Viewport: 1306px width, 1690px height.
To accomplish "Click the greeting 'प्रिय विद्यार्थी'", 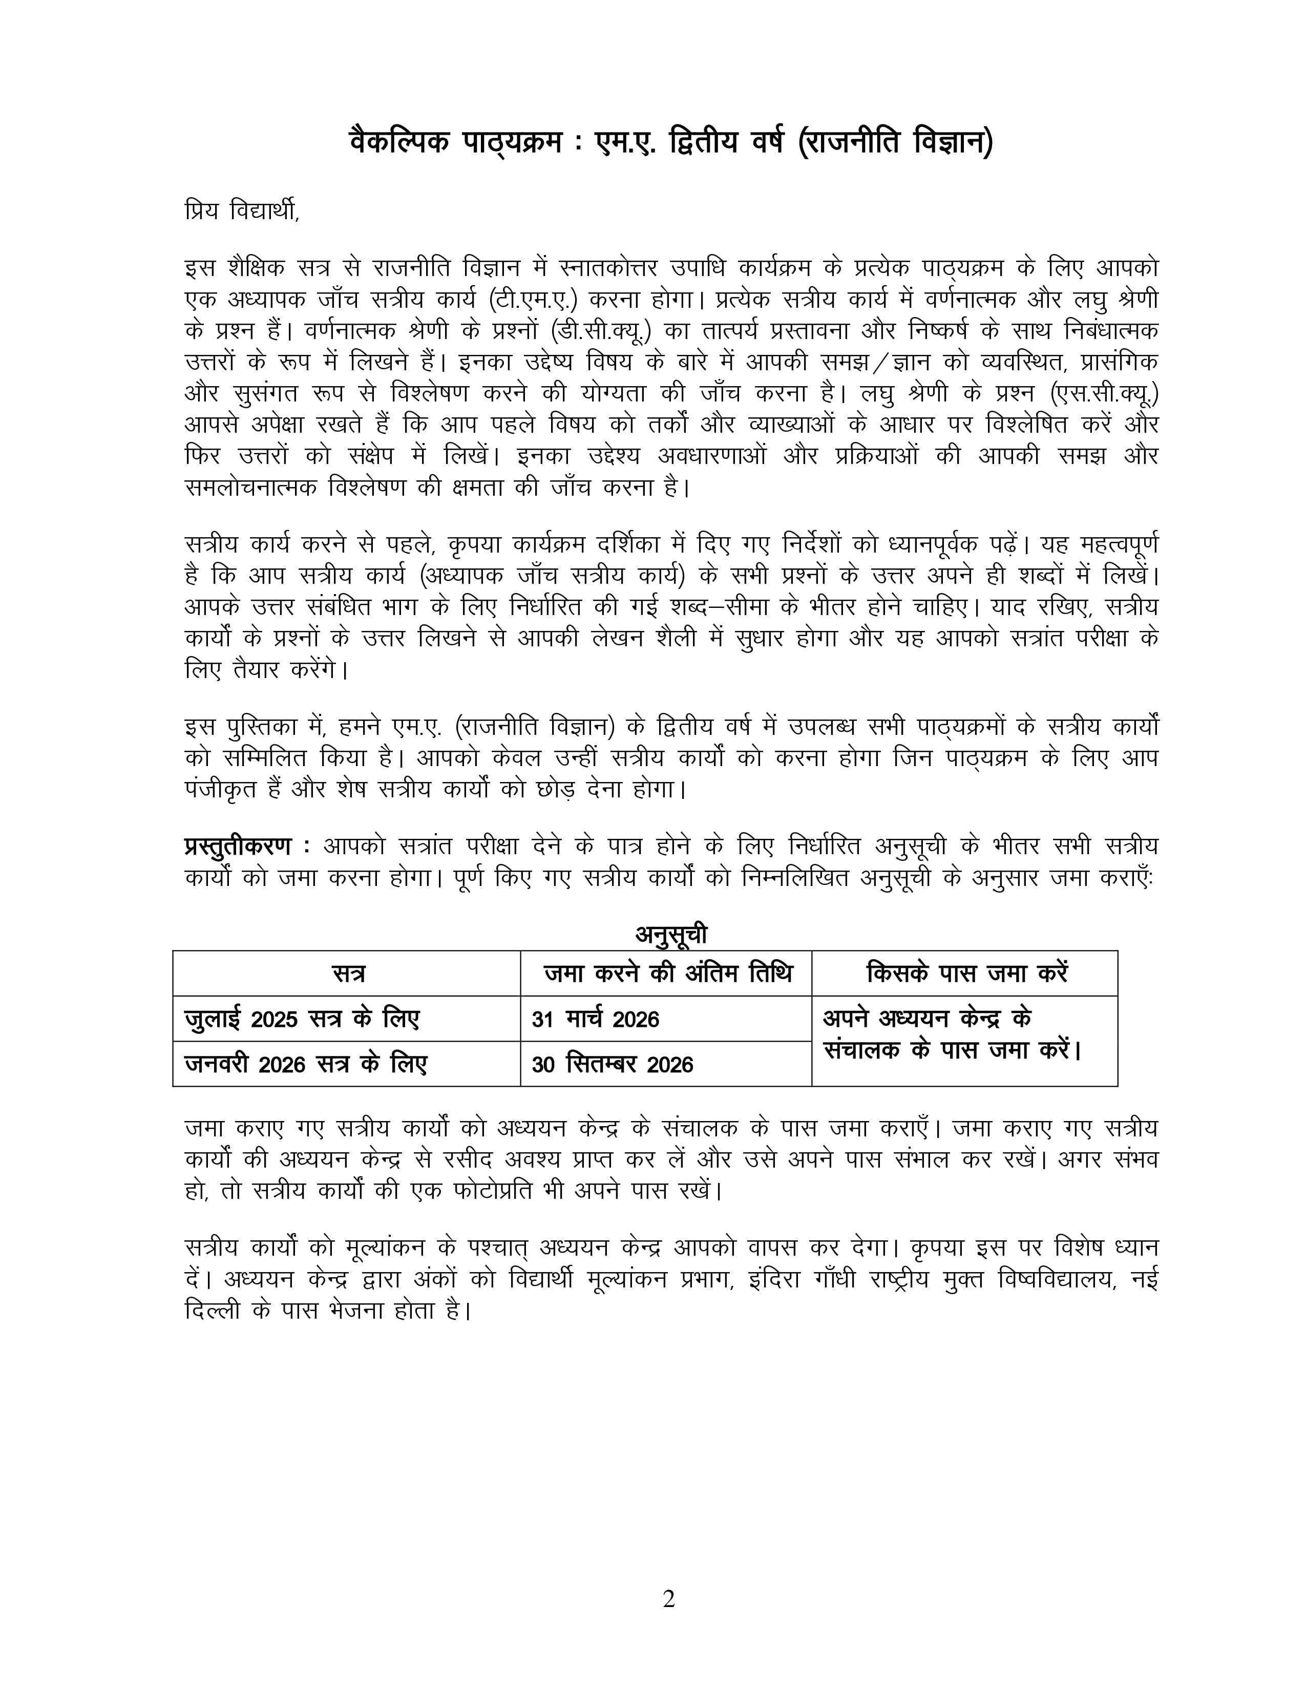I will pos(241,210).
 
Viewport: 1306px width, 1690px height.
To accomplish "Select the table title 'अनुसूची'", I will pos(671,935).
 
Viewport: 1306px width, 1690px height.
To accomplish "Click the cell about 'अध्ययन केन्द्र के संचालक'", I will pos(952,1034).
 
